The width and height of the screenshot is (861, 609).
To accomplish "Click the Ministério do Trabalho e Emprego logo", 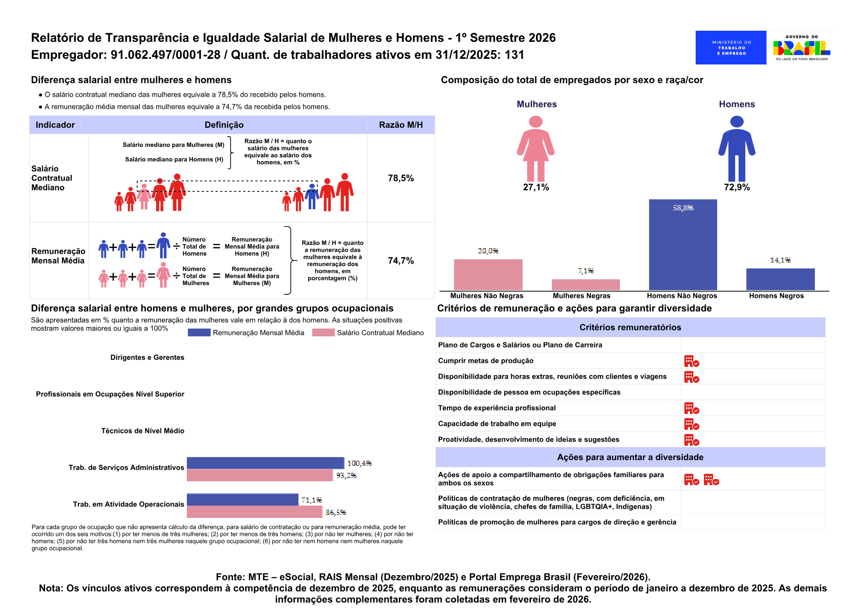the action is [x=730, y=48].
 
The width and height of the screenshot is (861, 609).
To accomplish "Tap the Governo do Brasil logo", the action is [x=802, y=48].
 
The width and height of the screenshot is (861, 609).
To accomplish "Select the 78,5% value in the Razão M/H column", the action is [x=401, y=178].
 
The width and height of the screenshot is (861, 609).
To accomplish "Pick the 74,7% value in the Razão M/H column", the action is [x=401, y=260].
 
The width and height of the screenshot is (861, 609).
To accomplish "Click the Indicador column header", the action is [x=55, y=125].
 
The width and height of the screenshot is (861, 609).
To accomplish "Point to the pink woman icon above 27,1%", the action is [x=535, y=149].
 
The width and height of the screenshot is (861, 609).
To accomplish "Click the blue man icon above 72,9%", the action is [x=737, y=149].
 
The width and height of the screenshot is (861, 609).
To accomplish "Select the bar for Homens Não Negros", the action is [x=683, y=245].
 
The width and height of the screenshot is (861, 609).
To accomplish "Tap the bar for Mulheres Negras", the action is [x=586, y=285].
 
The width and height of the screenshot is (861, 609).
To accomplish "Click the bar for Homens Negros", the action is [x=780, y=279].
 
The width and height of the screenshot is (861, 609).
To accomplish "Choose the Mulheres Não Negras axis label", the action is [x=487, y=296].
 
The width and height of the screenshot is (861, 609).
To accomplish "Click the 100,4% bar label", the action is [x=359, y=463].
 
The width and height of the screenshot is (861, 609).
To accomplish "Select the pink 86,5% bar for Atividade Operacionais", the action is [x=254, y=512].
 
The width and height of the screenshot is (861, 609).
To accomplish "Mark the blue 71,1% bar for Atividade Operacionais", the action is [x=243, y=499].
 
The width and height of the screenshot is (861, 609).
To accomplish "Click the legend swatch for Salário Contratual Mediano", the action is [x=324, y=333].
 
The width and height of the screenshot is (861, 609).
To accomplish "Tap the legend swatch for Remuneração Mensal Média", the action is [x=199, y=333].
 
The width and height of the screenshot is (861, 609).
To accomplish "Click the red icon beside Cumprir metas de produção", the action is [x=692, y=361].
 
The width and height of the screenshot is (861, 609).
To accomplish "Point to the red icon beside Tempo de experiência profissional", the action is [x=692, y=408].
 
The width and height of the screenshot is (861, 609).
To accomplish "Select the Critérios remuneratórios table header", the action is [x=630, y=328].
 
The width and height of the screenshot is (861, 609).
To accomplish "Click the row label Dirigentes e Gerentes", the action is [x=147, y=357].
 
